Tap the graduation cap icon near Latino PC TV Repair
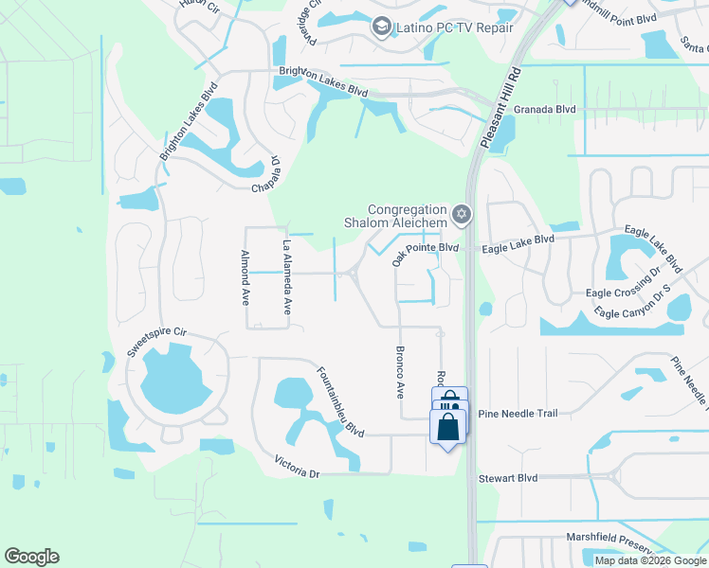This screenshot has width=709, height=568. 382,27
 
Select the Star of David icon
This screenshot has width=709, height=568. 462,215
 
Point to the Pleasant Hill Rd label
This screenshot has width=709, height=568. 501,107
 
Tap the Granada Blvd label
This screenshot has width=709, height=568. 545,110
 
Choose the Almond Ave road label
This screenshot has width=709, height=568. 245,278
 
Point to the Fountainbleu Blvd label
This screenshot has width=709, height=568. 340,401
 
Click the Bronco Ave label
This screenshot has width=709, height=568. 399,371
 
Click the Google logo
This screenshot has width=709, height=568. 31,557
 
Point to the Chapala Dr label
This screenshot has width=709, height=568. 265,174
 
